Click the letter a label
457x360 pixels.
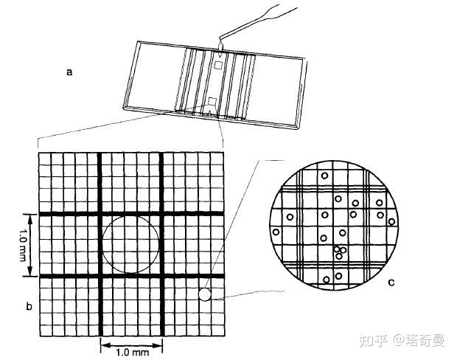[69, 72]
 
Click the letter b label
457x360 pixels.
[28, 305]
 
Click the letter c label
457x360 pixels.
[391, 283]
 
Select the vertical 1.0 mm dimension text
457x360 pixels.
[17, 244]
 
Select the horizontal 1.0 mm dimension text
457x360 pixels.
[132, 352]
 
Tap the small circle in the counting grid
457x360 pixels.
[204, 294]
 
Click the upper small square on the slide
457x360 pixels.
[218, 65]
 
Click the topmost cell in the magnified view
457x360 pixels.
[324, 176]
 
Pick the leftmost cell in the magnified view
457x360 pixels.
[276, 232]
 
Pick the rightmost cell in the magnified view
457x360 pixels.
[391, 221]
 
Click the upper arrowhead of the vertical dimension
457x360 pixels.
[30, 216]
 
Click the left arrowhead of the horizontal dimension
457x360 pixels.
[102, 344]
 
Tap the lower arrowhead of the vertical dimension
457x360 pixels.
[30, 273]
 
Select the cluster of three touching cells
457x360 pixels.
[339, 252]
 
